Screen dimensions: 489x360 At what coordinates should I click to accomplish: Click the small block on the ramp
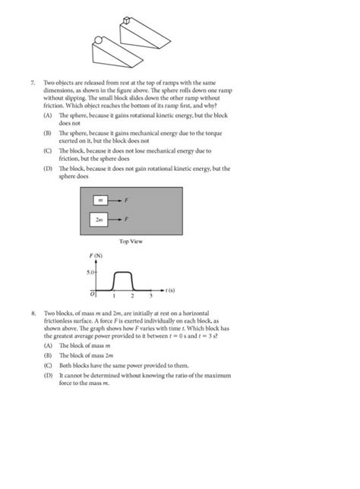pos(127,22)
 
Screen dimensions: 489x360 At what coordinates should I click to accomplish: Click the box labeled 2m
pos(99,219)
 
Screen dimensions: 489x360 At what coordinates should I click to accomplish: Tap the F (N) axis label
pos(96,258)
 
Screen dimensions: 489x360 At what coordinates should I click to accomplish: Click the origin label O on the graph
pos(93,293)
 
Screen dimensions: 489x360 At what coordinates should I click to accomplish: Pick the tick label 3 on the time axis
pos(150,295)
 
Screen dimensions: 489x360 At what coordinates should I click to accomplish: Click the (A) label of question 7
pos(48,114)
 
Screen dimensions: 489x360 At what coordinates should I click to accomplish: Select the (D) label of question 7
pos(48,169)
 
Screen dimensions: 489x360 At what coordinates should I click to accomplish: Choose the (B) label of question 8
pos(48,354)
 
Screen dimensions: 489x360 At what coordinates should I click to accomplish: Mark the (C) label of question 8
pos(48,364)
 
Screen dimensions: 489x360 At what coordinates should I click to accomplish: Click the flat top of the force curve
pos(122,271)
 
